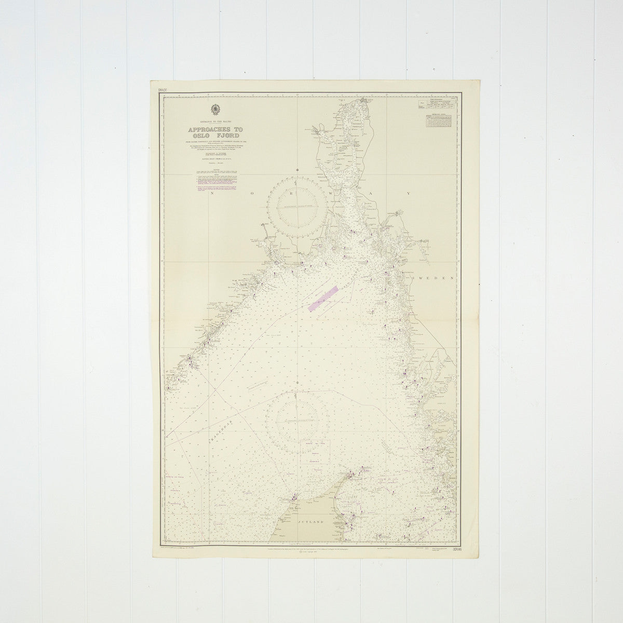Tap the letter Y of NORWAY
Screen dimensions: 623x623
pos(409,193)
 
